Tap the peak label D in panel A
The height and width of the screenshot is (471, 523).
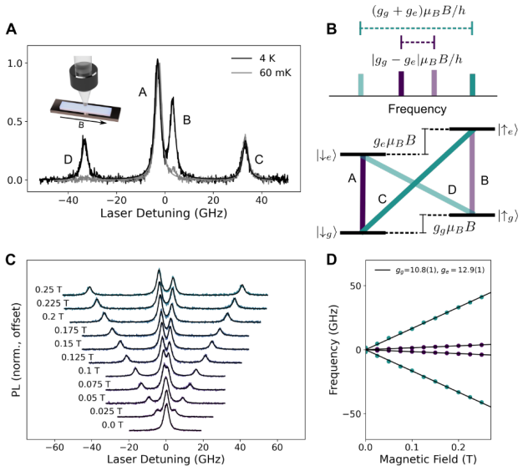click(68, 160)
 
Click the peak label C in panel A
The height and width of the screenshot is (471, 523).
click(259, 160)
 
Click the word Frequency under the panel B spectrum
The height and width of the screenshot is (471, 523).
click(417, 109)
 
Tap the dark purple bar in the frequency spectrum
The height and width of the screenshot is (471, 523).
click(401, 84)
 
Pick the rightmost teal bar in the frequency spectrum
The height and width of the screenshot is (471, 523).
click(472, 85)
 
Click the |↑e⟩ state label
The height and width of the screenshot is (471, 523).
click(508, 129)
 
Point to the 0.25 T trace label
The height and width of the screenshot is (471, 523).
click(48, 290)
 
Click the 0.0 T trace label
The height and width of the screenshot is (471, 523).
click(113, 425)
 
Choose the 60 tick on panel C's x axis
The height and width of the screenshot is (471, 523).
click(277, 447)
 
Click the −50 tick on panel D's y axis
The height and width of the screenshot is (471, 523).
click(353, 413)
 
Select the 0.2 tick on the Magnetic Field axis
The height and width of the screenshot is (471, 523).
click(459, 447)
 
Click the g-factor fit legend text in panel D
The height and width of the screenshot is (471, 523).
click(440, 271)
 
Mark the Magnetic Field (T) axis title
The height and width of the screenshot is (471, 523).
click(428, 459)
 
